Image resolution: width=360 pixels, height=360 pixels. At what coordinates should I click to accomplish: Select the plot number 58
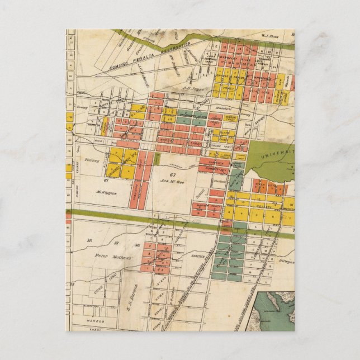pyautogui.click(x=89, y=241)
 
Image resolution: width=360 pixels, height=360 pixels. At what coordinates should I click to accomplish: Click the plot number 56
pyautogui.click(x=136, y=244)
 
